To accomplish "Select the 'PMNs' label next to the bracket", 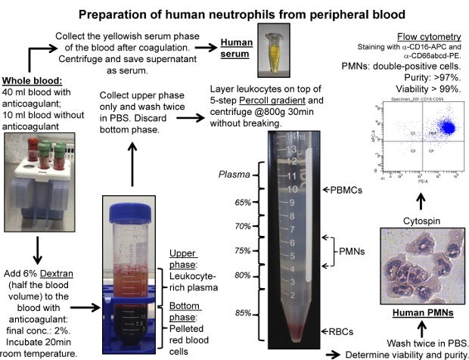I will click(x=354, y=251).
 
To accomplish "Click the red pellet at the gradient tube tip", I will click(x=293, y=331).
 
